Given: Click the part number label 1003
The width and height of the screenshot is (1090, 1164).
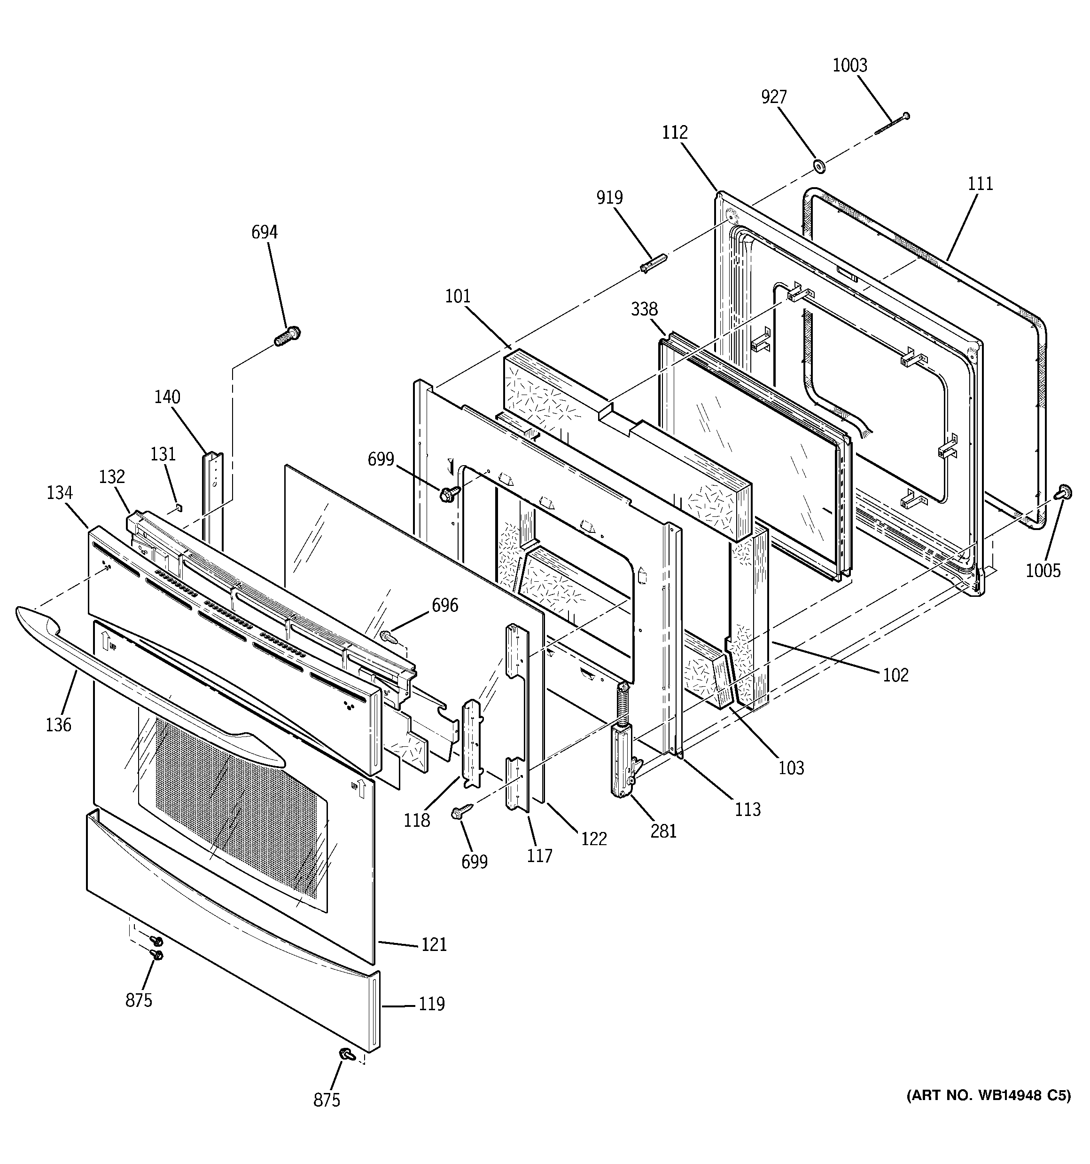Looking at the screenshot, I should pyautogui.click(x=849, y=65).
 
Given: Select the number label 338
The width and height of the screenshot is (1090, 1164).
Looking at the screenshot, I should pyautogui.click(x=644, y=309).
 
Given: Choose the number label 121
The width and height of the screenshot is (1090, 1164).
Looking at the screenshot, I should pyautogui.click(x=434, y=944).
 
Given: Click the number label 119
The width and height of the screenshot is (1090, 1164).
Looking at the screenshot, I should pyautogui.click(x=432, y=1004).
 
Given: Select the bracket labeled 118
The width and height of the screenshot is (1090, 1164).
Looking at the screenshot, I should pyautogui.click(x=472, y=744).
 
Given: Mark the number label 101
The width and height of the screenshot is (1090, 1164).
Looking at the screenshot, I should pyautogui.click(x=458, y=296).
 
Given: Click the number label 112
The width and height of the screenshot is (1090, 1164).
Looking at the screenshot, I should pyautogui.click(x=675, y=132).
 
